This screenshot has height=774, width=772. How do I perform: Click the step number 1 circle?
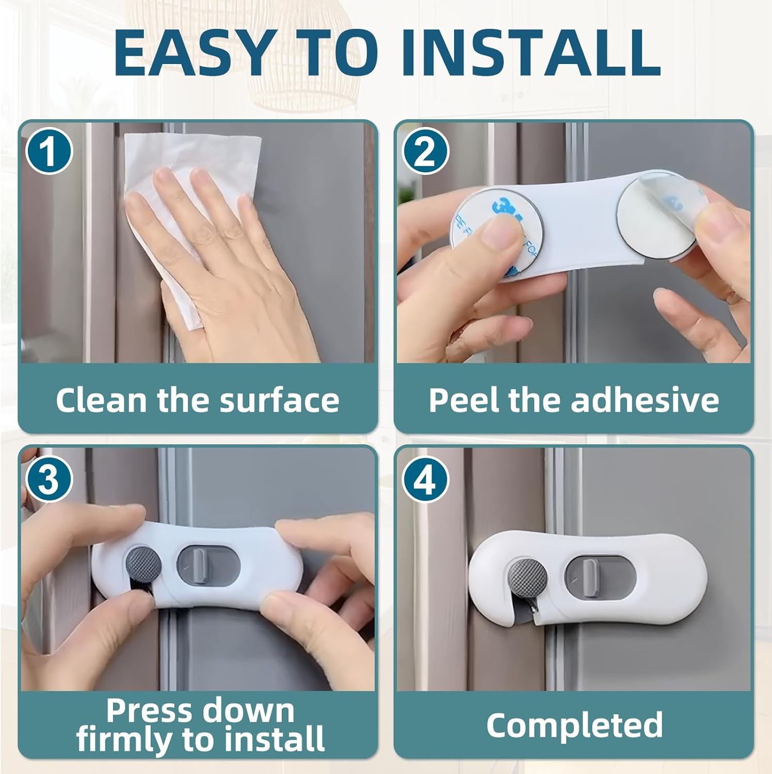(x=49, y=151)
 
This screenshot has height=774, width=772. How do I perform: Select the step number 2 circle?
(x=425, y=151)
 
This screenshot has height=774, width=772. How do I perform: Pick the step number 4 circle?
(x=425, y=480)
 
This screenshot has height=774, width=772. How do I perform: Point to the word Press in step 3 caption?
(x=142, y=711)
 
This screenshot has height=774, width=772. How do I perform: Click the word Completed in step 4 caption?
(x=574, y=725)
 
